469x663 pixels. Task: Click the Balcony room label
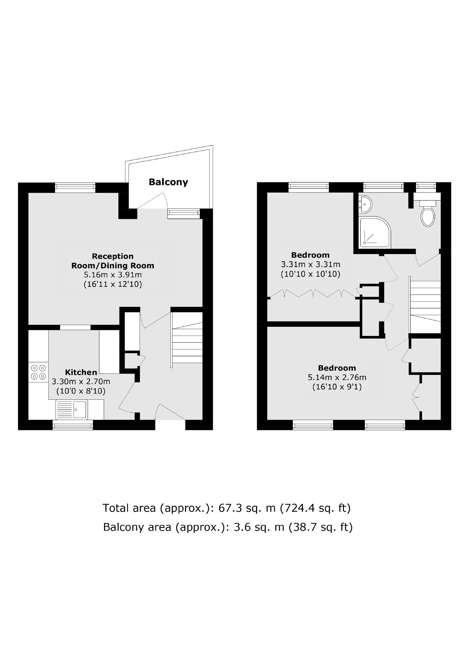(x=168, y=182)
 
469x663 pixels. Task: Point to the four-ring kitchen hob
(x=38, y=372)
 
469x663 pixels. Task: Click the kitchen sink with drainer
(x=71, y=409)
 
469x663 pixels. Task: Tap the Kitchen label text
(x=81, y=372)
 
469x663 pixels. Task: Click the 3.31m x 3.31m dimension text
(x=310, y=264)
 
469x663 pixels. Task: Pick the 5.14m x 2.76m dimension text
(x=337, y=377)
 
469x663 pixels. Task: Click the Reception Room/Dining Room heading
(x=113, y=261)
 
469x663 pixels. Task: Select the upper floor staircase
(x=425, y=303)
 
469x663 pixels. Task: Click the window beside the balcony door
(x=183, y=214)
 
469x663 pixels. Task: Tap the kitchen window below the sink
(x=73, y=425)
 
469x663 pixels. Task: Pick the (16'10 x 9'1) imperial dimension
(x=337, y=387)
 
